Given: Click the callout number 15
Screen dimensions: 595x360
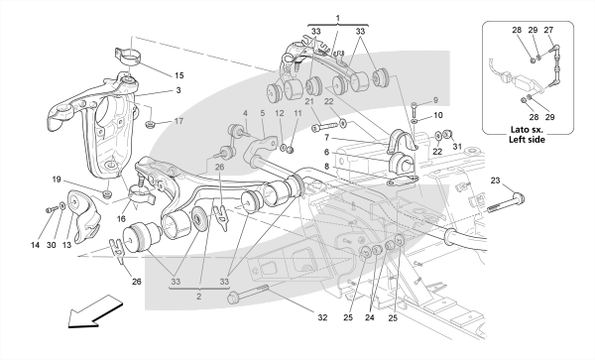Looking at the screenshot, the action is (x=179, y=75).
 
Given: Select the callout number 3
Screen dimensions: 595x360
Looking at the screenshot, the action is (x=178, y=90).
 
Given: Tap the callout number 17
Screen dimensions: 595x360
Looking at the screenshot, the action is (x=178, y=121).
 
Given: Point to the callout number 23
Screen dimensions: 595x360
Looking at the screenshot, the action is (x=495, y=180).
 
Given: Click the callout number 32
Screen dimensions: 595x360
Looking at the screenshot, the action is (x=322, y=317).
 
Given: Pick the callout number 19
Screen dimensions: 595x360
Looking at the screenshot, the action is (x=57, y=180).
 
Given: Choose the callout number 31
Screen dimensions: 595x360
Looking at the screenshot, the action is (x=457, y=147).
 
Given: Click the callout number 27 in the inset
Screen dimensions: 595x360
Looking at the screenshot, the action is (x=548, y=30).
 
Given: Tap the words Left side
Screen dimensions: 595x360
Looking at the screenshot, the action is (x=528, y=140).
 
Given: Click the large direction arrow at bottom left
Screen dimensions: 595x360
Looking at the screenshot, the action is (x=95, y=310).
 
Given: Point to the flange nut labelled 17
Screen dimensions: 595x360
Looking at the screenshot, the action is (x=151, y=123).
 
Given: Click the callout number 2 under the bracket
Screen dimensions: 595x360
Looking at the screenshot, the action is (x=199, y=297).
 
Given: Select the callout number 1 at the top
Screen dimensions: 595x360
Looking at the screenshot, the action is (x=338, y=18).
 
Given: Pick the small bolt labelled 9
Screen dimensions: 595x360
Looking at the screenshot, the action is (x=415, y=108).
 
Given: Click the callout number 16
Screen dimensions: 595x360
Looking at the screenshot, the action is (x=121, y=219).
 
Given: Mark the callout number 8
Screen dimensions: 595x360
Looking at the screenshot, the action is (x=327, y=167).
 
